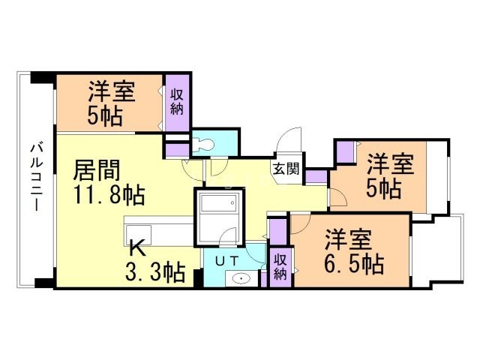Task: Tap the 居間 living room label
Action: (96, 170)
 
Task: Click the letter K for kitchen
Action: (136, 247)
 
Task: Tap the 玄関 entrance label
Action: (285, 168)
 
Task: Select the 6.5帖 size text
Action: (354, 262)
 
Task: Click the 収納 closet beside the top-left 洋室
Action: (177, 103)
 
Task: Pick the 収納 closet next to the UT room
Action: (280, 265)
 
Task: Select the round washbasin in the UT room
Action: (241, 279)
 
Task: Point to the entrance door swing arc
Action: (288, 141)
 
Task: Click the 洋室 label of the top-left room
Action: (112, 92)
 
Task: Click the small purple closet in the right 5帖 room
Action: (345, 152)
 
